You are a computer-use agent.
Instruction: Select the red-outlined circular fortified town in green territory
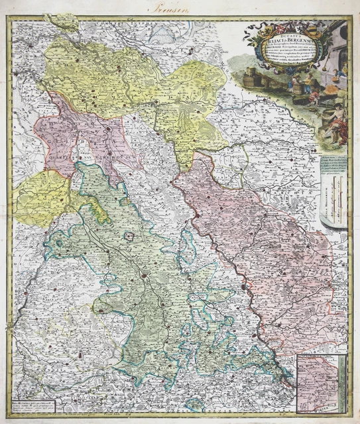[x=133, y=235]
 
